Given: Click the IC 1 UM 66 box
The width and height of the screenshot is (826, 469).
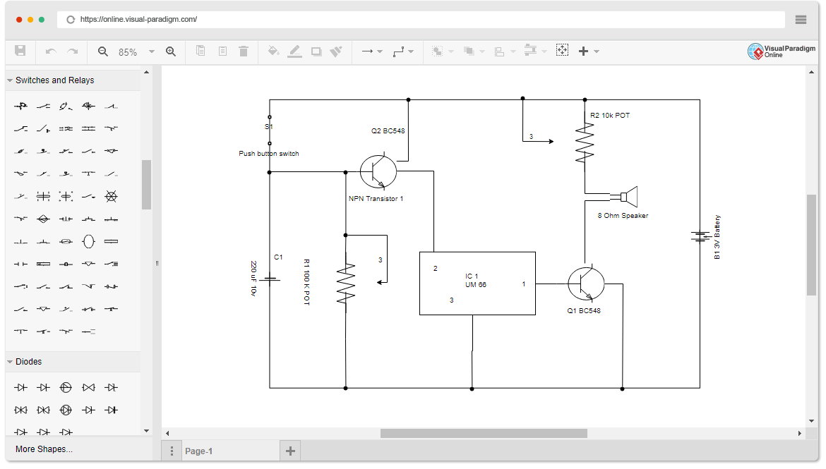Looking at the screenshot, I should [477, 284].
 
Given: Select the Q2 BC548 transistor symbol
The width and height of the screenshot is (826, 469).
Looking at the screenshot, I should [378, 171].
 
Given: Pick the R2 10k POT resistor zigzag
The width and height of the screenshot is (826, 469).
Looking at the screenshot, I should [585, 144].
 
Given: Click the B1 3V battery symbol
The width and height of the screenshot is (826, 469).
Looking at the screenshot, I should [700, 236].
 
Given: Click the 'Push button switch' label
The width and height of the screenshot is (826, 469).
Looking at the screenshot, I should [268, 154].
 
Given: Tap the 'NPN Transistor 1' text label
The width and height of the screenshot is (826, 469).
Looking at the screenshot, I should [376, 199].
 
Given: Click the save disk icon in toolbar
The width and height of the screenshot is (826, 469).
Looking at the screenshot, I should [20, 51].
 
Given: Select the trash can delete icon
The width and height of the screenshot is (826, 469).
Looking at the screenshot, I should [244, 51].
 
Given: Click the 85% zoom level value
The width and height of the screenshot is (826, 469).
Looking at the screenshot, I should [128, 52].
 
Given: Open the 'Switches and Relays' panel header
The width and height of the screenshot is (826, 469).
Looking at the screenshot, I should [54, 80].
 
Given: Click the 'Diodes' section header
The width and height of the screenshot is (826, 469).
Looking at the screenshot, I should [28, 362].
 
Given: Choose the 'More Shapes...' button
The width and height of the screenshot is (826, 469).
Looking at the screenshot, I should [44, 449].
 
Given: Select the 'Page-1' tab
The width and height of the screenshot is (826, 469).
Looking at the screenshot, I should [198, 451].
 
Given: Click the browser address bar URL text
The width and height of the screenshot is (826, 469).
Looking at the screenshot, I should [138, 20].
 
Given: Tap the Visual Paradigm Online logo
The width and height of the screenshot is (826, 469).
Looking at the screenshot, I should [775, 51].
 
